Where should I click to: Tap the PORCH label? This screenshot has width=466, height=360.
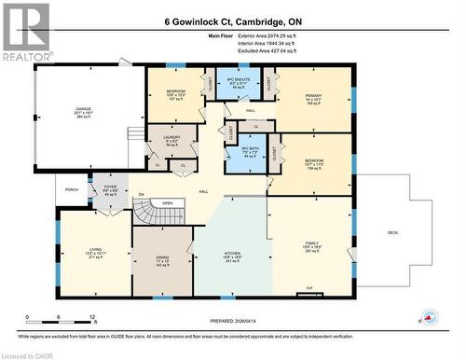[x=72, y=189]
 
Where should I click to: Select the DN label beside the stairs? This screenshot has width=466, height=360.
[x=142, y=194]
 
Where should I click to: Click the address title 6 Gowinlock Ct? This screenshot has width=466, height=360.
[x=232, y=20]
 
